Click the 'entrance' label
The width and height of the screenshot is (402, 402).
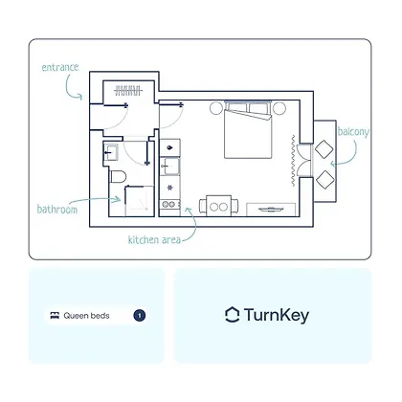[60, 67]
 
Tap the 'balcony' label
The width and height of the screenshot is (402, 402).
[353, 131]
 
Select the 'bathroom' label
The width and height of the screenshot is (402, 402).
[57, 210]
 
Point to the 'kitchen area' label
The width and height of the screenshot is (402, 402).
[154, 239]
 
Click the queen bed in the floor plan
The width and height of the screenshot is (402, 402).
[248, 130]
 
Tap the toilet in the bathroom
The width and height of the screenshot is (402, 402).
[118, 176]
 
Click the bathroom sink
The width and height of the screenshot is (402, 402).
[111, 152]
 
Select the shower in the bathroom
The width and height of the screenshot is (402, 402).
[139, 201]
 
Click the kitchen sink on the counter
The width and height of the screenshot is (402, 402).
[169, 167]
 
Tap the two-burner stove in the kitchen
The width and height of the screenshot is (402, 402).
[169, 204]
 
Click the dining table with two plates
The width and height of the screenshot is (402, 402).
[219, 206]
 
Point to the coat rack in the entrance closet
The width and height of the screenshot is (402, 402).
[127, 91]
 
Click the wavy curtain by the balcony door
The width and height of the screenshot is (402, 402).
[293, 161]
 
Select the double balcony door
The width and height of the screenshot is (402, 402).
[303, 160]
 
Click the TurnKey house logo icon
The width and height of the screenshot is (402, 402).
[232, 315]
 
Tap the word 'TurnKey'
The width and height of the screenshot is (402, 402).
[277, 316]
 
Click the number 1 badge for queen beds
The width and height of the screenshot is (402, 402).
[140, 316]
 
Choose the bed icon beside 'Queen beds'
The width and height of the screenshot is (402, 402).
[55, 316]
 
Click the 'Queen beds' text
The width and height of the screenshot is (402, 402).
[86, 316]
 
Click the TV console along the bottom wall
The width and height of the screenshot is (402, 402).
[271, 210]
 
